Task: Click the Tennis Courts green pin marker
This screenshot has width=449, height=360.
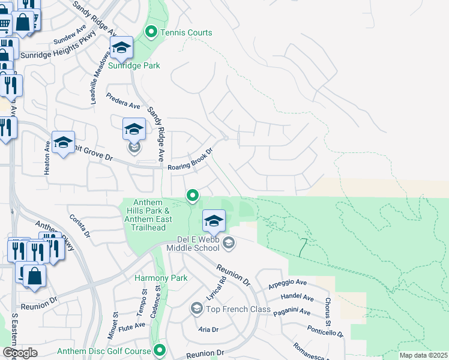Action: click(x=151, y=32)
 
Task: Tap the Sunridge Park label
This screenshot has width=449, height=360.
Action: click(x=134, y=65)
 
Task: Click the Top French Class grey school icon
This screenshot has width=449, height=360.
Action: click(x=196, y=308)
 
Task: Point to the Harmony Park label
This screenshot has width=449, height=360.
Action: click(x=161, y=278)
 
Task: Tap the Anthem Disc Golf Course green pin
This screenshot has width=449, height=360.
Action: click(x=160, y=350)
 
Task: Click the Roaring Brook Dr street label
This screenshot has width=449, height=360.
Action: click(x=191, y=161)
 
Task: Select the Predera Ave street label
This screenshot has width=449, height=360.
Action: click(x=123, y=101)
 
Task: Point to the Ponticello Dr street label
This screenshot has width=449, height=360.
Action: click(x=325, y=331)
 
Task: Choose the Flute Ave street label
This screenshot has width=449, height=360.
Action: click(x=131, y=326)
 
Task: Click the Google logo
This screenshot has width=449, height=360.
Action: click(x=20, y=352)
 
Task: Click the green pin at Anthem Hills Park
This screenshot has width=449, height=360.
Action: click(x=193, y=195)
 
